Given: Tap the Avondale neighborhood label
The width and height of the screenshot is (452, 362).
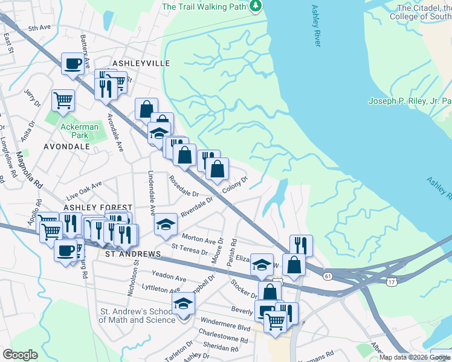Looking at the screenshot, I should click(x=67, y=146).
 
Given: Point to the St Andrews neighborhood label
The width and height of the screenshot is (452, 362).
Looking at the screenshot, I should click(x=132, y=255).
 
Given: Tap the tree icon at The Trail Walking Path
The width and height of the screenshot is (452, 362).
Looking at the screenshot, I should click(x=257, y=6).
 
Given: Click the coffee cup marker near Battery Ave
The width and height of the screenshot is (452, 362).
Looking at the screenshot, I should click(x=73, y=63).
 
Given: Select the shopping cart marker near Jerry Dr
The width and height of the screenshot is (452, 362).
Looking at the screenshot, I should click(x=63, y=101).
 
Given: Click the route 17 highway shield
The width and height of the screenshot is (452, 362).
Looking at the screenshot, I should click(x=391, y=282).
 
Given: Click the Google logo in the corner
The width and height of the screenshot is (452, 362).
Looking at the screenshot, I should click(x=20, y=355).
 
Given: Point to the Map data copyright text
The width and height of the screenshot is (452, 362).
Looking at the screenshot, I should click(x=415, y=357).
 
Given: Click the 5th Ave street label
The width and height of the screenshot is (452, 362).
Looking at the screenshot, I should click(x=39, y=28).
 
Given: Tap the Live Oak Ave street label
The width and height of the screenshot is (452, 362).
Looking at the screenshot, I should click(x=85, y=191).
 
